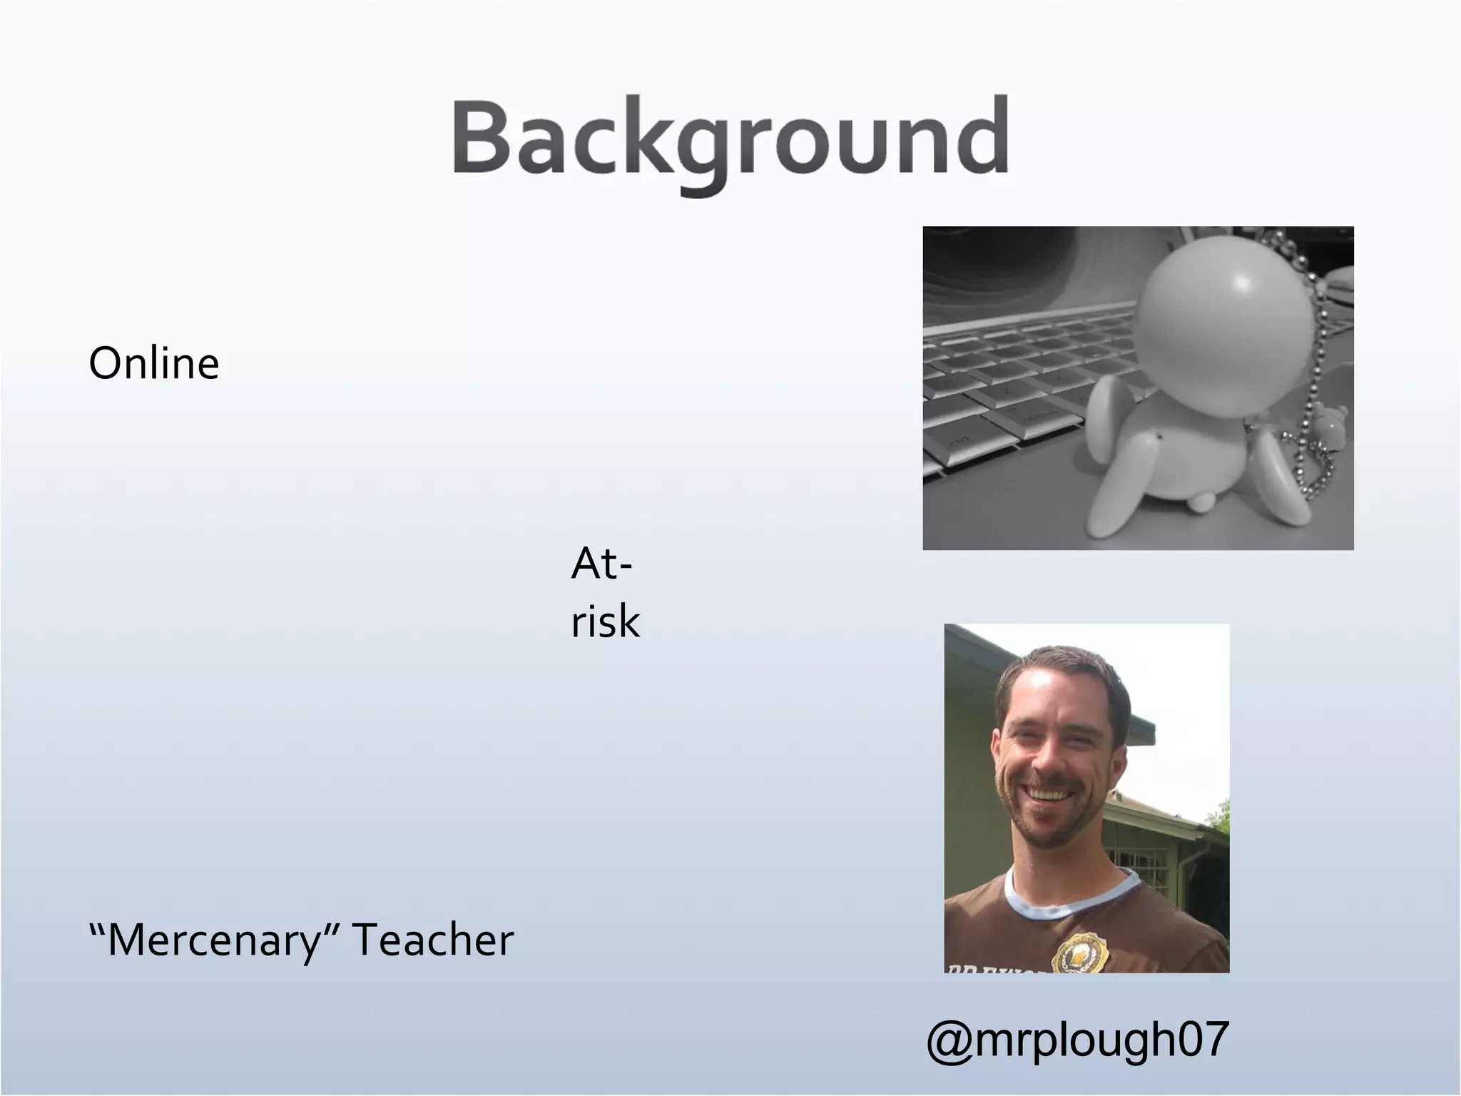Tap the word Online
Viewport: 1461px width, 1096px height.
[x=154, y=364]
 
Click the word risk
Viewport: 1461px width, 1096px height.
[x=605, y=621]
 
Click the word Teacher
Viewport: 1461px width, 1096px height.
[x=433, y=940]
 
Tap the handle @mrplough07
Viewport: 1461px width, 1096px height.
[x=1077, y=1040]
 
